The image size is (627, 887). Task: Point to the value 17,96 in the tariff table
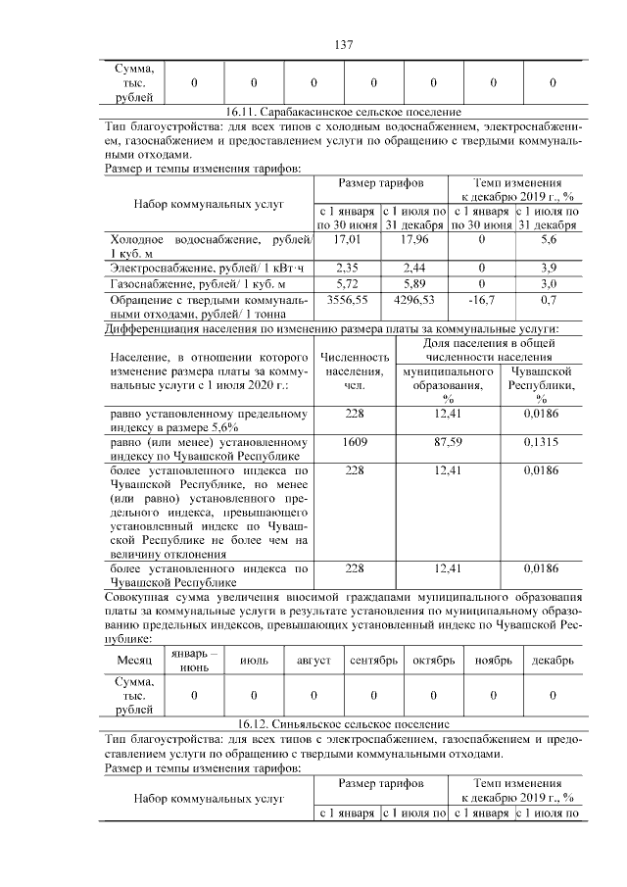point(414,239)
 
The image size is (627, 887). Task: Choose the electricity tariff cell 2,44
point(414,267)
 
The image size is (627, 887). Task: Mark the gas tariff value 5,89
point(414,282)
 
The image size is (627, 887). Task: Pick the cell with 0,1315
point(541,443)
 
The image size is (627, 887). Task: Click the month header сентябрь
point(373,661)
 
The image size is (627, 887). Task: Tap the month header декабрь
point(553,661)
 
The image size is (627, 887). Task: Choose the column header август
point(313,661)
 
